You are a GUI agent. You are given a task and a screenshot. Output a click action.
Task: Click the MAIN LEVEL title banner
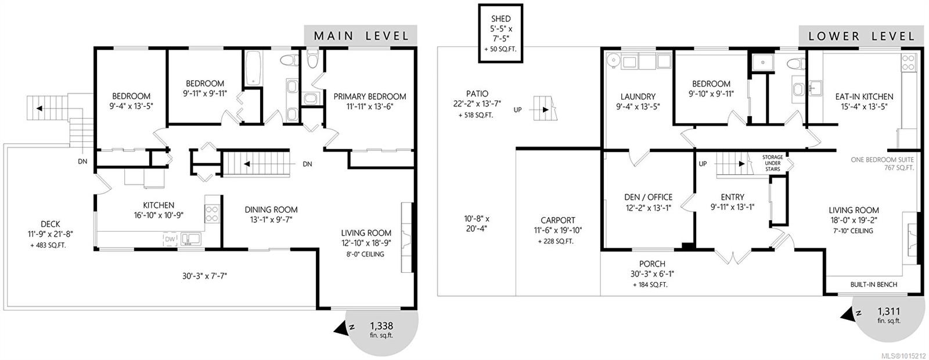pyautogui.click(x=361, y=35)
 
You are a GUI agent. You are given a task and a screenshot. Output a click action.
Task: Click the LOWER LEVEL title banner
pyautogui.click(x=861, y=36)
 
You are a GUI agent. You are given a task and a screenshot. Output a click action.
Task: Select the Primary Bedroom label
pyautogui.click(x=370, y=96)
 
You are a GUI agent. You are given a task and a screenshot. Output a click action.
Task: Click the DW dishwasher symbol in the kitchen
pyautogui.click(x=170, y=239)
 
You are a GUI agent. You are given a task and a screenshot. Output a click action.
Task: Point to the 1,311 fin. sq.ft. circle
pyautogui.click(x=888, y=316)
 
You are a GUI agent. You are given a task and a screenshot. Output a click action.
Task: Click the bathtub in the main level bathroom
pyautogui.click(x=253, y=70)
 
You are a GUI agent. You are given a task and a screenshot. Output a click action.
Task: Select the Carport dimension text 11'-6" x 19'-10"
pyautogui.click(x=557, y=230)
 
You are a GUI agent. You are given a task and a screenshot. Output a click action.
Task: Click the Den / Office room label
pyautogui.click(x=648, y=197)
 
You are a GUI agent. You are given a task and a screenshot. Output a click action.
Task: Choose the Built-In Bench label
pyautogui.click(x=874, y=285)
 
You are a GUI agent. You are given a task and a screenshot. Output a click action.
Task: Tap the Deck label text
pyautogui.click(x=51, y=224)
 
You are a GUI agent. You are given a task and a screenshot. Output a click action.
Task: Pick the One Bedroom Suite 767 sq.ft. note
pyautogui.click(x=882, y=164)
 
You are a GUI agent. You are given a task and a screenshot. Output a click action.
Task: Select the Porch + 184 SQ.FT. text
pyautogui.click(x=651, y=285)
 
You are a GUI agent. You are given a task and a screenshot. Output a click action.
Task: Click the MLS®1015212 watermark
pyautogui.click(x=903, y=355)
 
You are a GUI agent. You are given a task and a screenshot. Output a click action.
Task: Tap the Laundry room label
pyautogui.click(x=638, y=96)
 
